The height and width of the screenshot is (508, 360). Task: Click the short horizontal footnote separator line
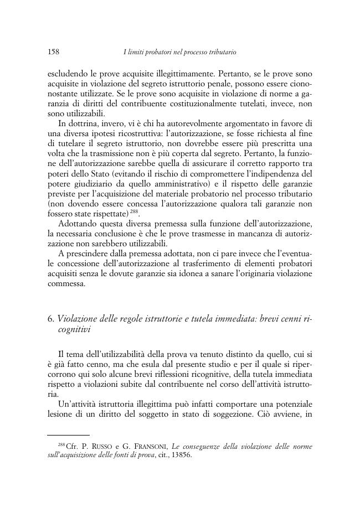coord(68,435)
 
